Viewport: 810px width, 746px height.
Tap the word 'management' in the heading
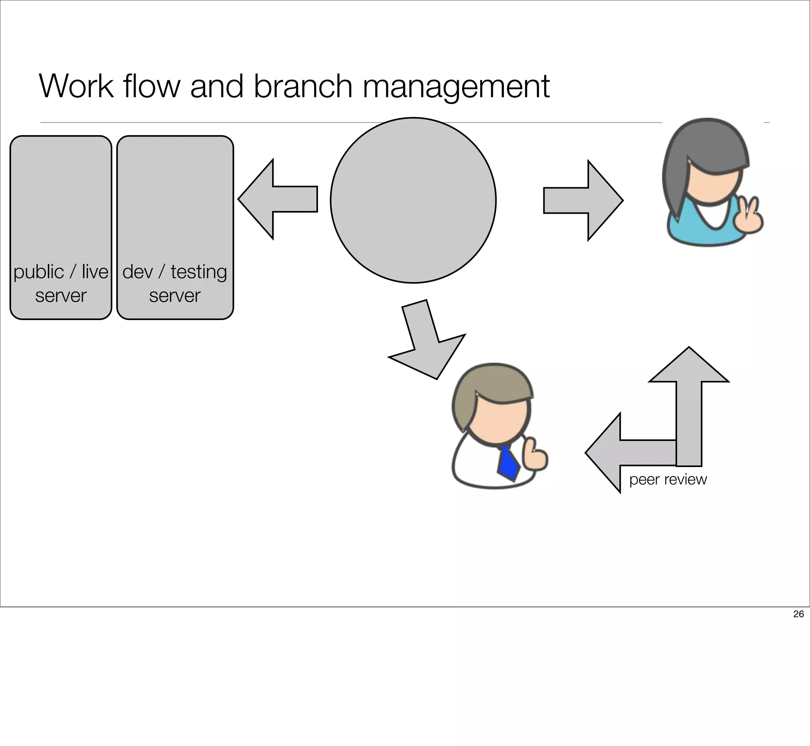click(456, 87)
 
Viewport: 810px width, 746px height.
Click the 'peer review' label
click(668, 479)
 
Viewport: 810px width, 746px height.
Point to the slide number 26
click(798, 614)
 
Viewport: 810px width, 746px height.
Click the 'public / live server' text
click(61, 283)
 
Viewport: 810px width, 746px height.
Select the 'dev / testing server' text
click(174, 283)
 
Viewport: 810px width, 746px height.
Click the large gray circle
click(413, 200)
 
